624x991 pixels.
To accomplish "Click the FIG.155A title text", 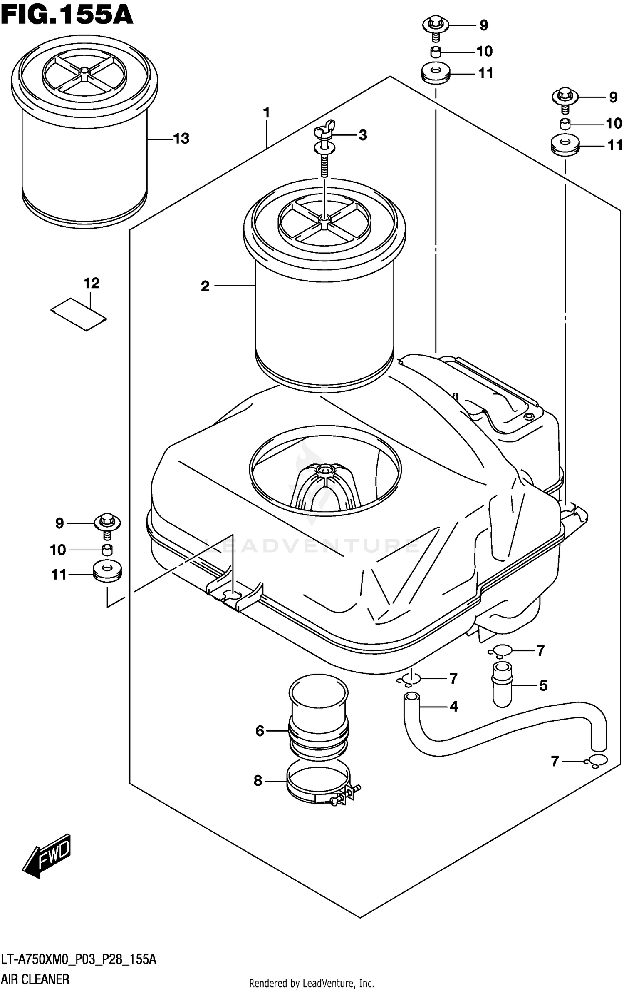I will pyautogui.click(x=67, y=16).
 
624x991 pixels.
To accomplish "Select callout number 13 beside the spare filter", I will pyautogui.click(x=181, y=139).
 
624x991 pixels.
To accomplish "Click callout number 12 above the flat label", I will pyautogui.click(x=92, y=283).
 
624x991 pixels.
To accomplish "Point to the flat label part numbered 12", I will pyautogui.click(x=79, y=315).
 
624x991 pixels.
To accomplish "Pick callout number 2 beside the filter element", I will pyautogui.click(x=205, y=286).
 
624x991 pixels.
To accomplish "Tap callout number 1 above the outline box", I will pyautogui.click(x=267, y=113).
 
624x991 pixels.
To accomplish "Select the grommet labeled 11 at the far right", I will pyautogui.click(x=565, y=147).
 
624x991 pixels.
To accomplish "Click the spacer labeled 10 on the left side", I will pyautogui.click(x=107, y=550).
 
